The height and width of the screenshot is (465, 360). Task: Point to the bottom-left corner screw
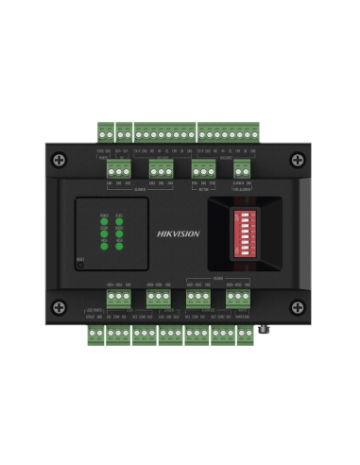(x=60, y=305)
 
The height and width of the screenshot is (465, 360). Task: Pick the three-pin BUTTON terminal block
(x=202, y=168)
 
